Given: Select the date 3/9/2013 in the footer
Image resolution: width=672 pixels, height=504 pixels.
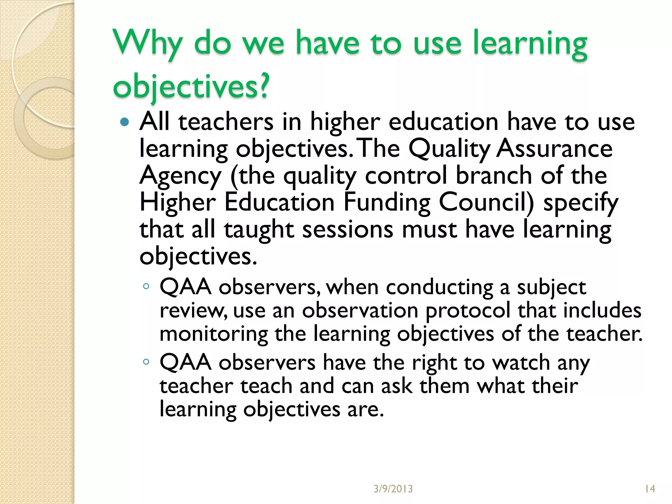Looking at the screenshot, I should pyautogui.click(x=393, y=489).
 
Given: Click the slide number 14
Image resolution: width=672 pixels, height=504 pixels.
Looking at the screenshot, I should pyautogui.click(x=650, y=489).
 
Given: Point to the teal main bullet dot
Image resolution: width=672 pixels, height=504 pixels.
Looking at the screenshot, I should pyautogui.click(x=125, y=122).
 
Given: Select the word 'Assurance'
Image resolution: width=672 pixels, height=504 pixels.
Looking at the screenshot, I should pyautogui.click(x=554, y=149).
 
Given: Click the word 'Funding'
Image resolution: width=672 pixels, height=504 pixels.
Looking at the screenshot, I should pyautogui.click(x=387, y=202).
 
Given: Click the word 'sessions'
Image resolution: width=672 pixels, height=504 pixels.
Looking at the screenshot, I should pyautogui.click(x=348, y=229).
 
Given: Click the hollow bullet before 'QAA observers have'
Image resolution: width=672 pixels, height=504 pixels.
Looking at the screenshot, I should pyautogui.click(x=146, y=362).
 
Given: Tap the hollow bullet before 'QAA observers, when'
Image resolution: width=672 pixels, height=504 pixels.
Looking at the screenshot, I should pyautogui.click(x=146, y=286).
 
